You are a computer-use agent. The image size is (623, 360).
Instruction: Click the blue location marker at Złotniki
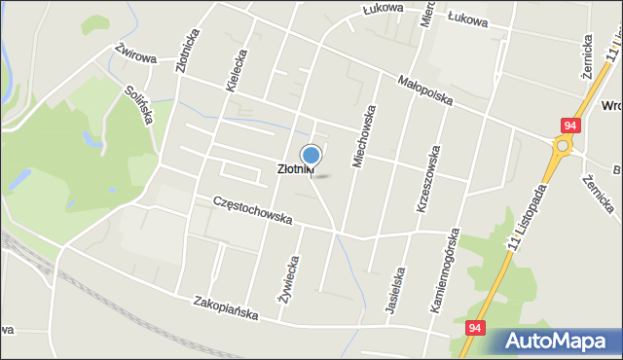point(311,156)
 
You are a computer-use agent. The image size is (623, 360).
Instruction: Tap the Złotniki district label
point(295,169)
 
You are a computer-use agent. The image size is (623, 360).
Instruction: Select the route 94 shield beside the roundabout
point(570,126)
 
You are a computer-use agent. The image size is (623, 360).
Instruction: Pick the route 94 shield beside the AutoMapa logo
point(474,330)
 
